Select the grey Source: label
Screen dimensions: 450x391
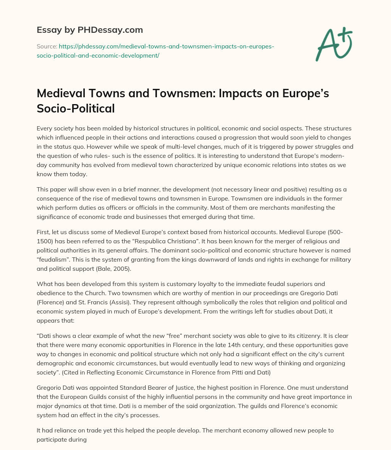tap(46, 46)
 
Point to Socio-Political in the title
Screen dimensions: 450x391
tap(76, 108)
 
